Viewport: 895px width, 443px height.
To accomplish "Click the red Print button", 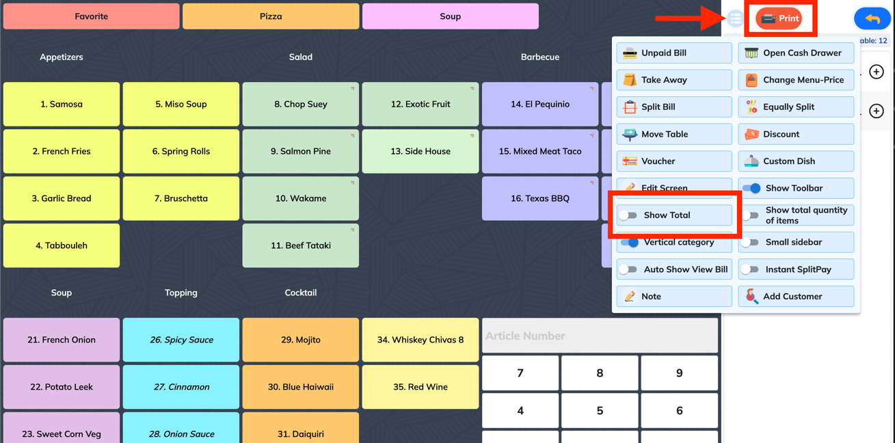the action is point(779,18).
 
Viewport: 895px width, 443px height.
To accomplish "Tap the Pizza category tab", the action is point(271,16).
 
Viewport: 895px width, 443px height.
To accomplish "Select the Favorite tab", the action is point(91,16).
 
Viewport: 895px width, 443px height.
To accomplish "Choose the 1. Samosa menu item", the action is point(62,105).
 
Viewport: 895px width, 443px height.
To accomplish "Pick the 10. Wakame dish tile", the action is point(300,198).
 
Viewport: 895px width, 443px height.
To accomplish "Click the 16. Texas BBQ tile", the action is point(539,198).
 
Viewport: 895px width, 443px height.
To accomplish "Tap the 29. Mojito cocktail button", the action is point(300,340).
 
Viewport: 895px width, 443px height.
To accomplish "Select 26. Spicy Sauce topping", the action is point(181,340).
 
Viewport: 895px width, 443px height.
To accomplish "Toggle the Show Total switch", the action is point(628,215).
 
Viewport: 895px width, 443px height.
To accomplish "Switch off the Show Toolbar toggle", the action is point(751,188).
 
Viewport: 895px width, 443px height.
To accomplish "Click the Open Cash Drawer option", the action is point(796,53).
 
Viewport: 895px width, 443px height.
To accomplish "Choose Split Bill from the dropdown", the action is point(674,107).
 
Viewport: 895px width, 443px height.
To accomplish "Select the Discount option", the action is point(796,134).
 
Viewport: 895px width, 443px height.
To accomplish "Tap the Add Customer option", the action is point(796,297).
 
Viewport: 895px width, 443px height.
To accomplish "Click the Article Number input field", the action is point(600,336).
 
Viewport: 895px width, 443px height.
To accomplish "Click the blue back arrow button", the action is point(872,18).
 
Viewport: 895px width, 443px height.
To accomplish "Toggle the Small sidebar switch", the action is point(749,243).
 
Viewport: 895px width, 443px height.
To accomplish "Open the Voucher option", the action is point(674,161).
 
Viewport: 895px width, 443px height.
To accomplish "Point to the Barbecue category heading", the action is point(539,57).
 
